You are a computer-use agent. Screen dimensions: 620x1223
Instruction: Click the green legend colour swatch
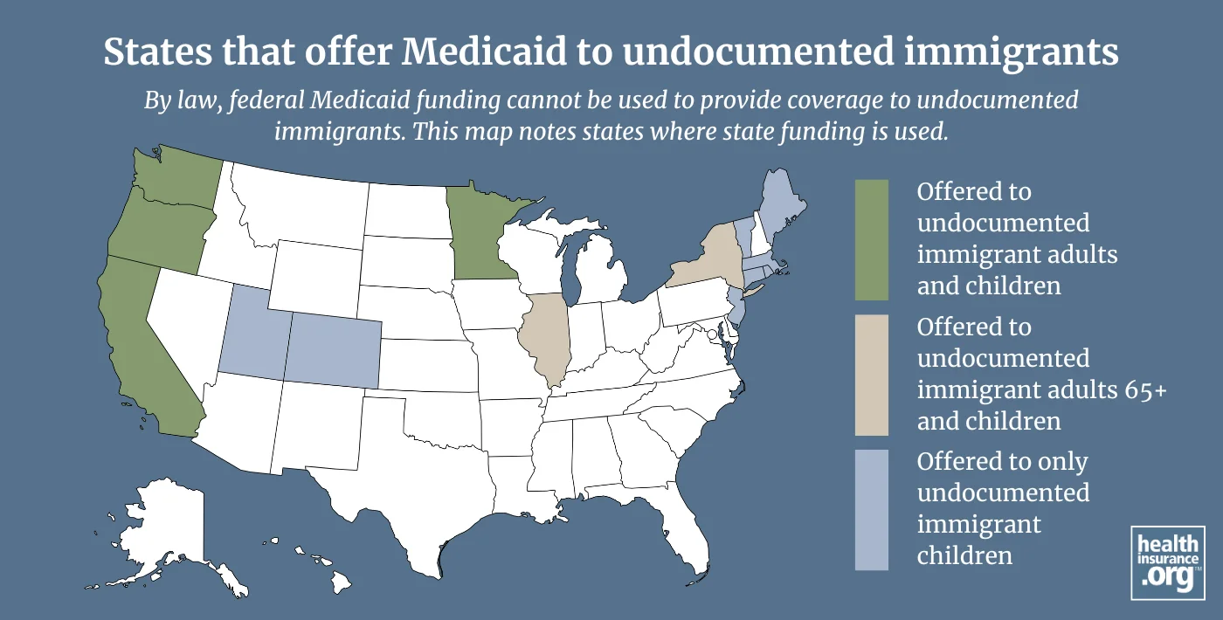coord(871,240)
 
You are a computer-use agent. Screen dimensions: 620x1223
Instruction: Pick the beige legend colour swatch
coord(871,375)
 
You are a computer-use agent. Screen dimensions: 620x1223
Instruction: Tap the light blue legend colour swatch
coord(871,510)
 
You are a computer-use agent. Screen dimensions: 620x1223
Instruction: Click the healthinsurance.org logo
coord(1167,562)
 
